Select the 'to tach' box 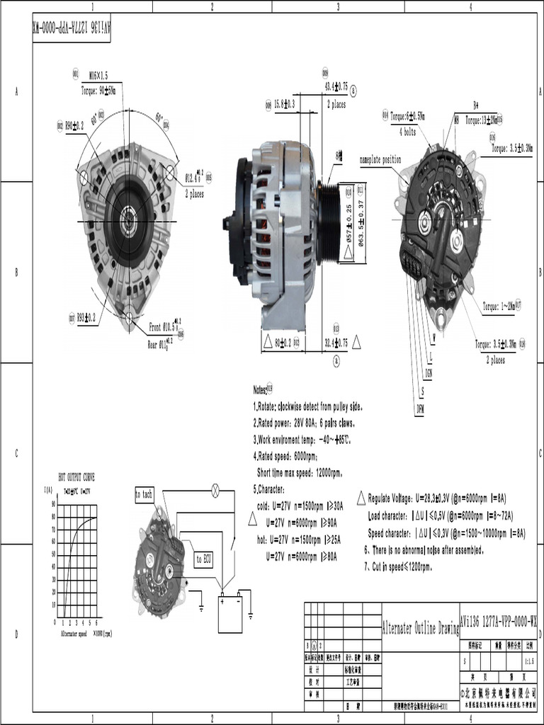point(144,495)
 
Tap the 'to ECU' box point(203,559)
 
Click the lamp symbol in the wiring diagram point(216,489)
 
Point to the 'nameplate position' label point(380,160)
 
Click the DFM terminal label point(419,409)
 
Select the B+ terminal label point(476,105)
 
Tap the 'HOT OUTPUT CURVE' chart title point(76,477)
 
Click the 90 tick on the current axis point(53,503)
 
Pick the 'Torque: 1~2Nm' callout point(498,307)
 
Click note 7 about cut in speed point(397,567)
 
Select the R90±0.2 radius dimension point(74,125)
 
